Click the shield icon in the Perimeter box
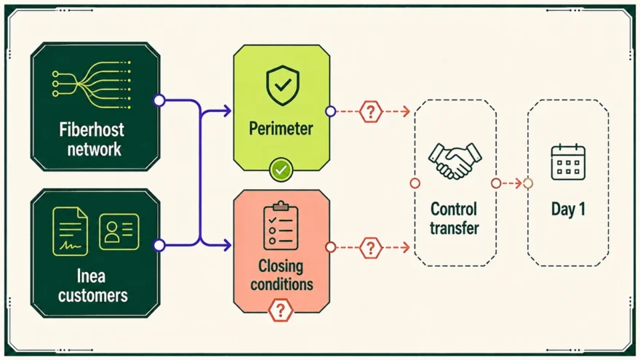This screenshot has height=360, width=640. [282, 86]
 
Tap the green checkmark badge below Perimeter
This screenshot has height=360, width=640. [281, 169]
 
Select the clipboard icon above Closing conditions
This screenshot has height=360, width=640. [281, 225]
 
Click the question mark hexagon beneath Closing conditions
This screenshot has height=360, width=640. [281, 311]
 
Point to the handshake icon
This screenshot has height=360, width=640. [455, 161]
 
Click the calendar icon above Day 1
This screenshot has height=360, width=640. [568, 162]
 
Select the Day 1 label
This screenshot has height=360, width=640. [568, 209]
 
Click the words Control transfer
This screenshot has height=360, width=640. [454, 218]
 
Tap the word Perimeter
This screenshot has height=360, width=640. [281, 129]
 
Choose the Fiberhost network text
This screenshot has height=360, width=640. [92, 139]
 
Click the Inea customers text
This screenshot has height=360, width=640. [92, 286]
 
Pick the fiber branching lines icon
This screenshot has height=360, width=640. [92, 84]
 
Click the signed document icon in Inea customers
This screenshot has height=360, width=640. [71, 231]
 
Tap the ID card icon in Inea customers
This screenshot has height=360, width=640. [119, 231]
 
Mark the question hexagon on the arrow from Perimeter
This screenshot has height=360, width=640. [371, 111]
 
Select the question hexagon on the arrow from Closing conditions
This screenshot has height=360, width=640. [371, 247]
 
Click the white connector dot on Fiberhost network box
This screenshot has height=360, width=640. [159, 100]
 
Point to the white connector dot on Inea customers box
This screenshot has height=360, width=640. [159, 245]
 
